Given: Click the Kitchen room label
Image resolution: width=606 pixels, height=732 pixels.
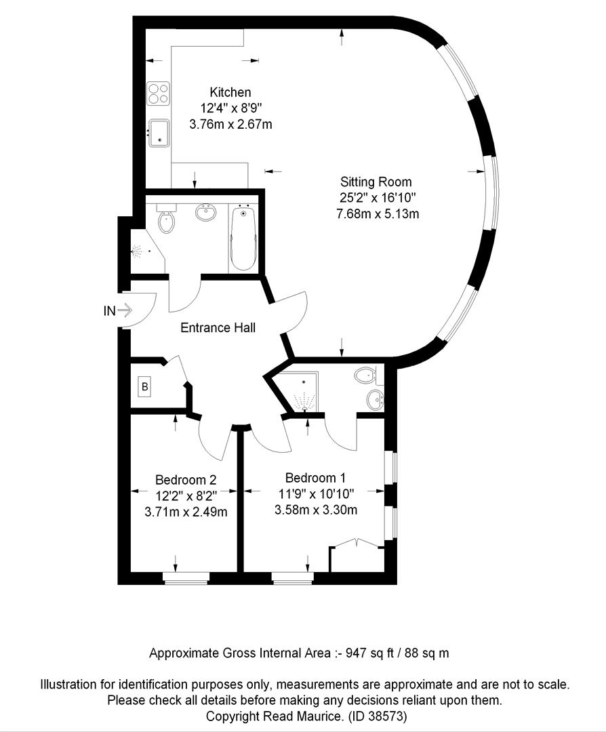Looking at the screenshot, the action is click(230, 92).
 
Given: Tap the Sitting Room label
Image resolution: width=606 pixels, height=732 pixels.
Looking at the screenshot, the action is click(376, 182).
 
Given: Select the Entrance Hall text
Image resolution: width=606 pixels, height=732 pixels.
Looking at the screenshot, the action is click(218, 328).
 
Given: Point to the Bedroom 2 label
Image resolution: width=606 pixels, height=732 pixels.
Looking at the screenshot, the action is click(186, 480).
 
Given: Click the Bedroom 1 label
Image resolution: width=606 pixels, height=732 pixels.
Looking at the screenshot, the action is click(316, 478).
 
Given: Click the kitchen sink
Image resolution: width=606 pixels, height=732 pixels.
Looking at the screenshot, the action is click(159, 133).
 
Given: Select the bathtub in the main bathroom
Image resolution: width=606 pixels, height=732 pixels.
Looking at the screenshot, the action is click(243, 238).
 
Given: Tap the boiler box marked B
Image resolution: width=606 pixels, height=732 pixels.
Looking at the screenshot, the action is click(145, 386).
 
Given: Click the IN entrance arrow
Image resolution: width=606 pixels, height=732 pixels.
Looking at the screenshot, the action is click(125, 310).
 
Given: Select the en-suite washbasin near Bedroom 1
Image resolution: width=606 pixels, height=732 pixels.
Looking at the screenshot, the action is click(375, 400).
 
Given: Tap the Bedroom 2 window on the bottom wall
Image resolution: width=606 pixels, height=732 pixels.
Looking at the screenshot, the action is click(185, 578).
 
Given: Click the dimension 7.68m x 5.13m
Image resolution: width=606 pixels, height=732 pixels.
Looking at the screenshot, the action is click(378, 214).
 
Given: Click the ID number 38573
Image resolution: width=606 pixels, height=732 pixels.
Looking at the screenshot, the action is click(388, 716).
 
